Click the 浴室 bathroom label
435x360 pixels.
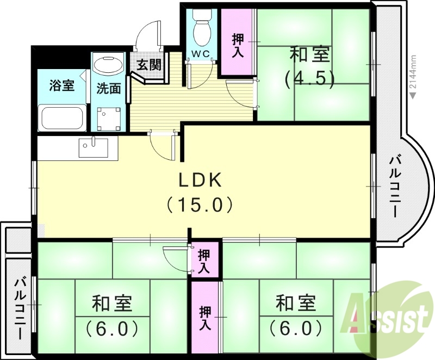(x=61, y=85)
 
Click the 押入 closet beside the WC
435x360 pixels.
(x=238, y=46)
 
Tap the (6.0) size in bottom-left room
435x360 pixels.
(x=111, y=328)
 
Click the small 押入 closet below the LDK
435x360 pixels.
(x=205, y=260)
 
